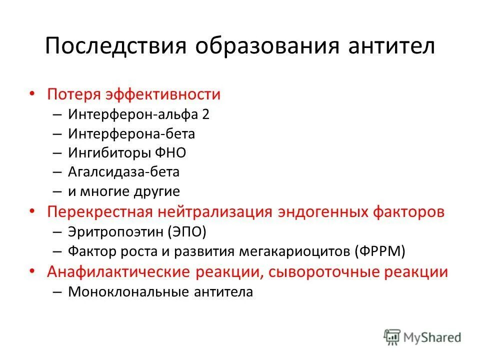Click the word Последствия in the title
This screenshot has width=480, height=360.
115,46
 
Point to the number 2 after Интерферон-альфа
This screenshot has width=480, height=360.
205,114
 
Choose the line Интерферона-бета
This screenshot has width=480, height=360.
131,134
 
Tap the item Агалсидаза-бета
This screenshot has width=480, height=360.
123,172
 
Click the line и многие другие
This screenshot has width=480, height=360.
123,191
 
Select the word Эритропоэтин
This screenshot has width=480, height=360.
116,231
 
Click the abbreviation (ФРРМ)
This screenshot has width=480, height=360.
380,251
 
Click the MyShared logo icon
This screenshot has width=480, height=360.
393,337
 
